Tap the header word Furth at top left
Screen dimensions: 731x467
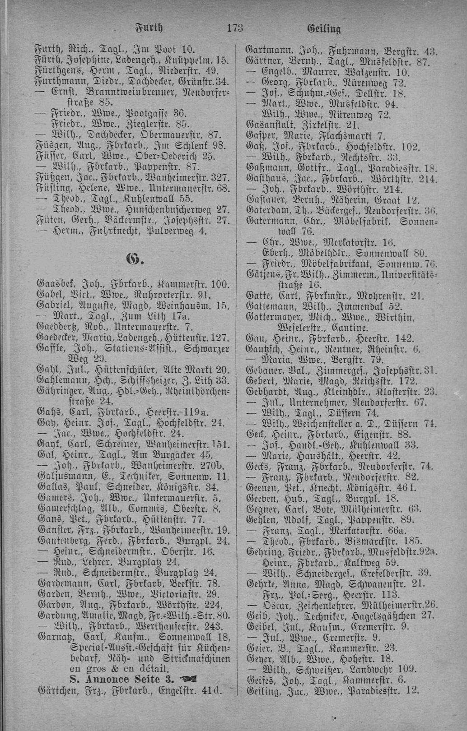click(149, 29)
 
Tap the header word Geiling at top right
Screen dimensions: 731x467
click(324, 30)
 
